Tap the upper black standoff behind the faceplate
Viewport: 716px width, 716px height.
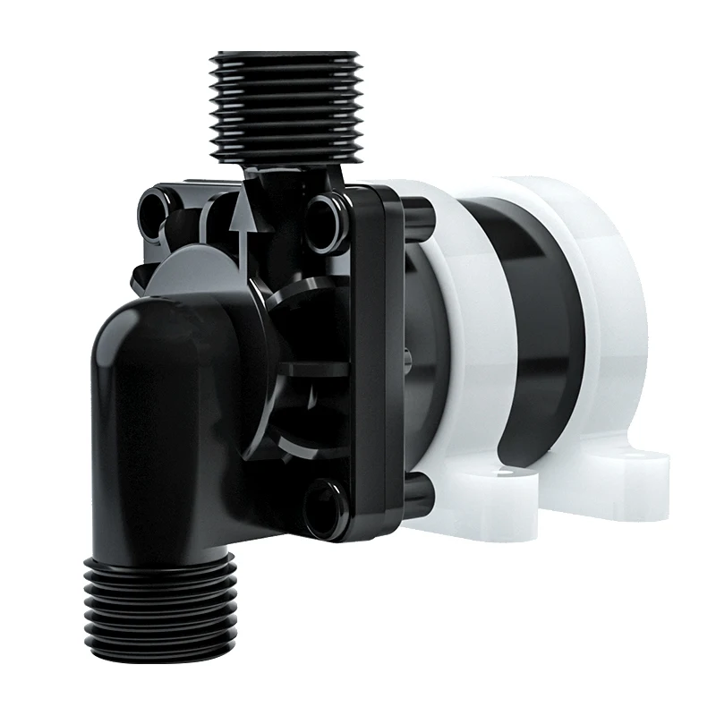418,215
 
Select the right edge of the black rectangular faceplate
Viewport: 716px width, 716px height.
394,358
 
